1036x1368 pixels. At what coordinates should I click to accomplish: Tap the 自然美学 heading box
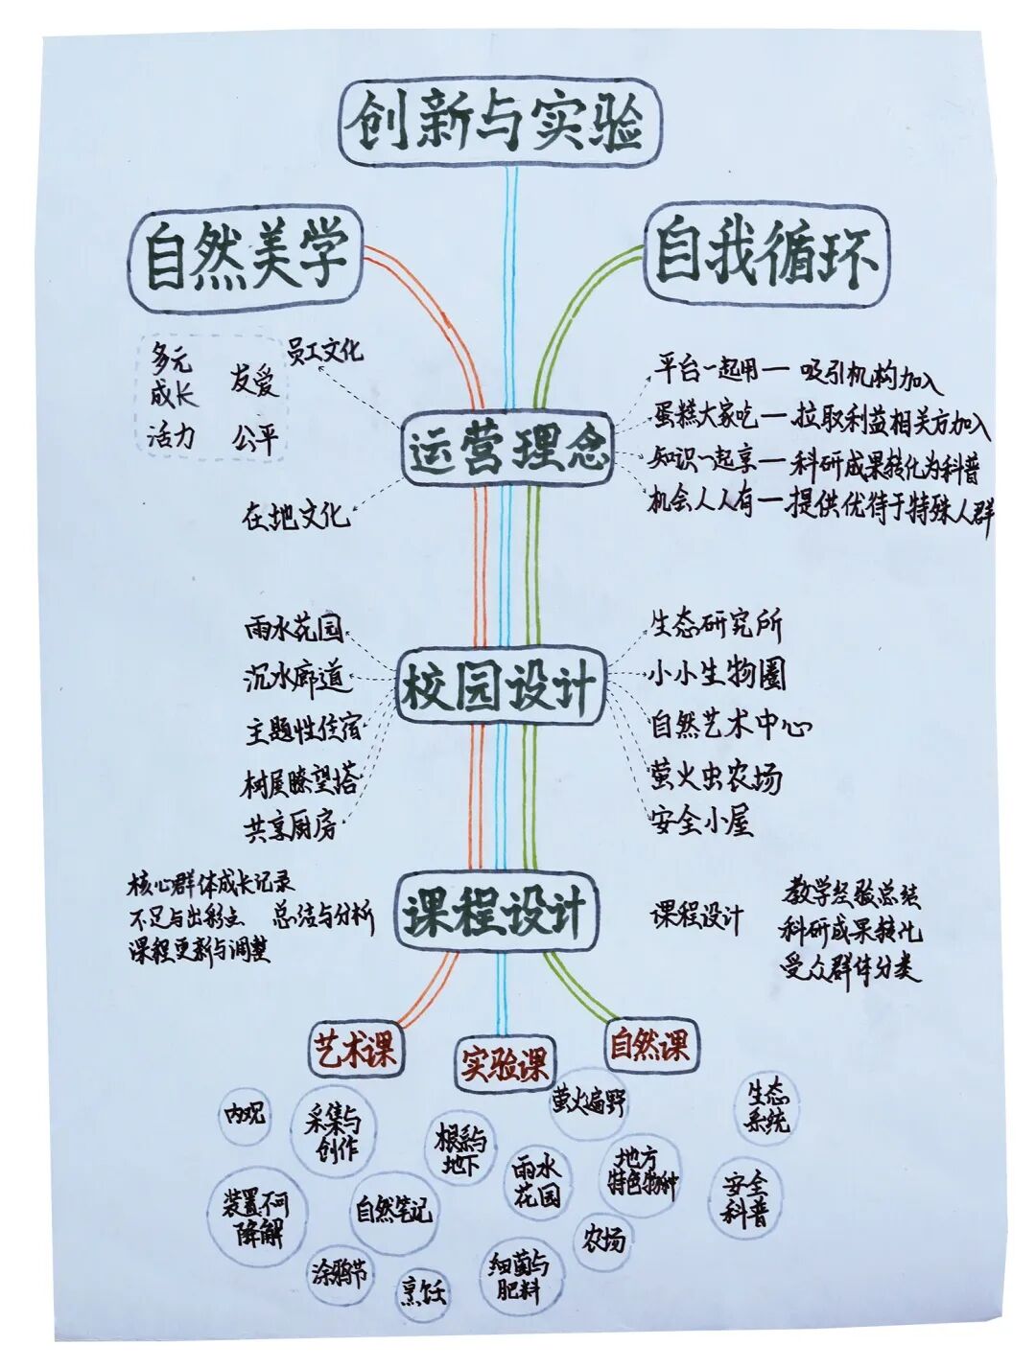click(x=247, y=259)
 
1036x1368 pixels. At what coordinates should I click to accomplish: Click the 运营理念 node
click(x=506, y=449)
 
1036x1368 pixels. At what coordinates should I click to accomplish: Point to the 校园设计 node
click(x=500, y=688)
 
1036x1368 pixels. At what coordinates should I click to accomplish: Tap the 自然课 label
click(x=649, y=1044)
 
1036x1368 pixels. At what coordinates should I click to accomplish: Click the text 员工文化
click(x=326, y=350)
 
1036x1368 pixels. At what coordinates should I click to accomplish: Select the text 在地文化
click(x=295, y=517)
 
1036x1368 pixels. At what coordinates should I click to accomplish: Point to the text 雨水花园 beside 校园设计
click(x=294, y=630)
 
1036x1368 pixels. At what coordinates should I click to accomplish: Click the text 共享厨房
click(x=291, y=827)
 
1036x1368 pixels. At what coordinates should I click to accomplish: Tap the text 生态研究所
click(x=717, y=626)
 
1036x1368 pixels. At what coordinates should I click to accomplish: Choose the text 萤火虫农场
click(x=716, y=776)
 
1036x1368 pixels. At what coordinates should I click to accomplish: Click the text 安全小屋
click(x=701, y=822)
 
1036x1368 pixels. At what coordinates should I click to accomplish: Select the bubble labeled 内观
click(x=245, y=1114)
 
